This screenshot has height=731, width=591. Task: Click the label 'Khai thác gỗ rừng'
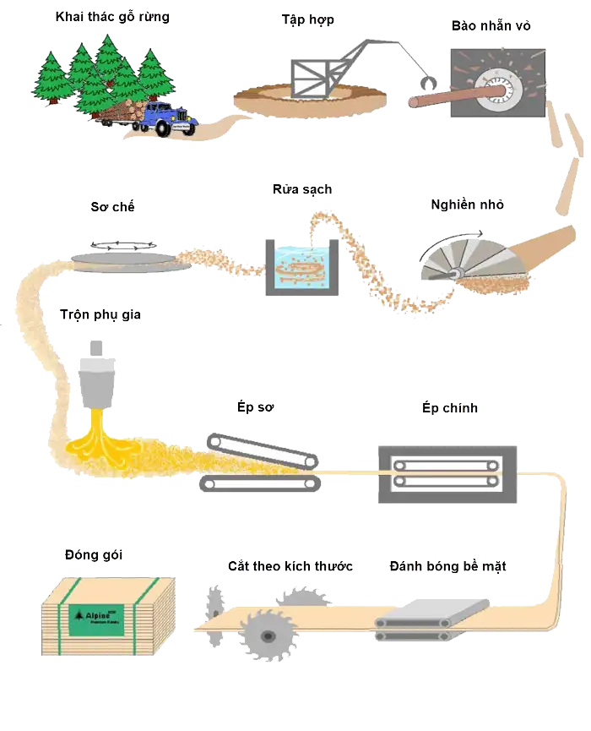[x=111, y=18]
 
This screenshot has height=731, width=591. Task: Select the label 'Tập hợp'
[x=308, y=19]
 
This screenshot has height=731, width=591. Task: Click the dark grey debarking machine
[x=496, y=84]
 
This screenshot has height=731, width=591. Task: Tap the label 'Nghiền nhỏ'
[x=469, y=205]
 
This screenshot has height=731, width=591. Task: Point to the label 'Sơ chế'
[x=112, y=207]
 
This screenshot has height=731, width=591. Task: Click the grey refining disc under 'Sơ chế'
[x=125, y=257]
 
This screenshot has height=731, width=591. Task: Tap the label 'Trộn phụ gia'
[x=100, y=315]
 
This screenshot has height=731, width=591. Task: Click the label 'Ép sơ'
[x=257, y=407]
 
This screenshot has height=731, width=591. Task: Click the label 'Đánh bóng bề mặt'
[x=447, y=566]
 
